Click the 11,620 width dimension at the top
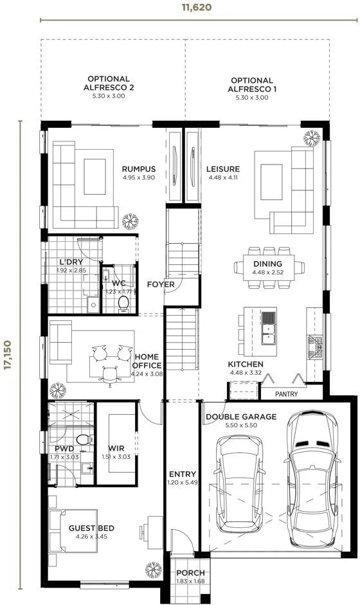[x=197, y=7]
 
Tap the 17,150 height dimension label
[x=7, y=355]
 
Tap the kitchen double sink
[x=268, y=334]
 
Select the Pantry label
[x=287, y=394]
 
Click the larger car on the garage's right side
[x=312, y=479]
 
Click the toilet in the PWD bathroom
[x=84, y=440]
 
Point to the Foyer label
[x=161, y=285]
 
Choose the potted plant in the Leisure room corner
[x=312, y=138]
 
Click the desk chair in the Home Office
[x=110, y=375]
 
